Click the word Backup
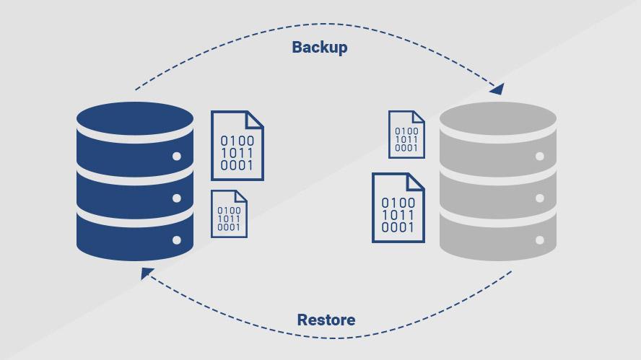319,48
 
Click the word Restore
326,320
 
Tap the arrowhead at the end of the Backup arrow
497,89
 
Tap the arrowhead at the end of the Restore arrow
147,273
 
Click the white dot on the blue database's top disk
176,157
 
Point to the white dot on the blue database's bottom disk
176,240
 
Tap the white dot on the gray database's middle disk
539,198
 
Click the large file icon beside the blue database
237,146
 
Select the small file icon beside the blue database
229,214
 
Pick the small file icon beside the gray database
406,134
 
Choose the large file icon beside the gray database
398,208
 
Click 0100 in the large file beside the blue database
237,141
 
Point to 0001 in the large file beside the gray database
398,228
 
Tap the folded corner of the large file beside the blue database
256,120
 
